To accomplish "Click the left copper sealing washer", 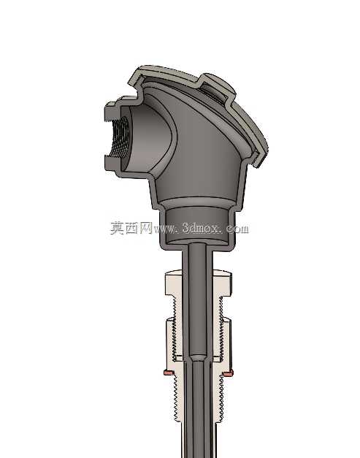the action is pos(168,373).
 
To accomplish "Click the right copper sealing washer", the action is pos(228,373).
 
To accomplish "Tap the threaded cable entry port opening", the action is pos(119,137).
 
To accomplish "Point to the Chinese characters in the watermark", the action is pos(131,228).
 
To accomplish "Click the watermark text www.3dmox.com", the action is pos(201,228).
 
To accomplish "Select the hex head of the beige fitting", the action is pos(199,283).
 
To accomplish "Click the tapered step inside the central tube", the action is pos(198,358).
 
